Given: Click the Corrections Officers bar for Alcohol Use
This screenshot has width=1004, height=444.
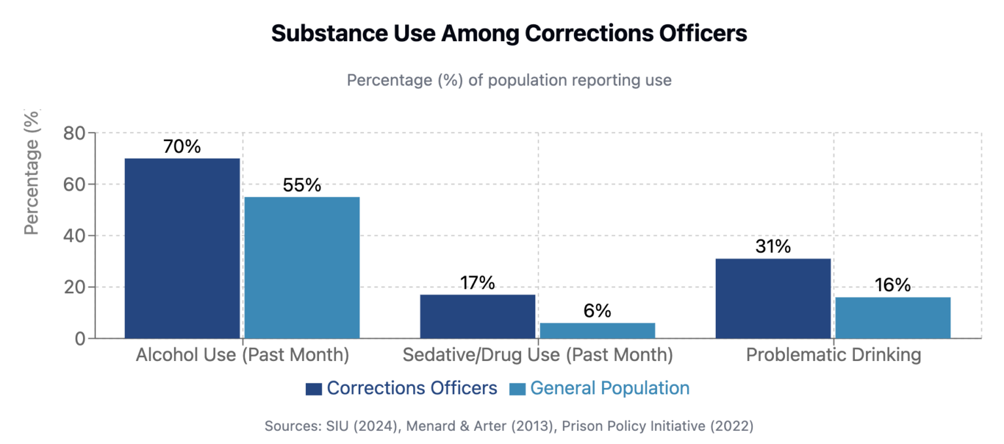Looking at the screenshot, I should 182,248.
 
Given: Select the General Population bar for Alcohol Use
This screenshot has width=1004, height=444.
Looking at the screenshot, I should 302,268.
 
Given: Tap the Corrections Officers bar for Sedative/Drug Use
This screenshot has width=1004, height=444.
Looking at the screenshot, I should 478,317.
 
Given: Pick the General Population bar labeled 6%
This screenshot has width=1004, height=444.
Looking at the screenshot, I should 597,330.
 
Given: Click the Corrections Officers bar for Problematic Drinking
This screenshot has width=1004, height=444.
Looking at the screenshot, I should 773,298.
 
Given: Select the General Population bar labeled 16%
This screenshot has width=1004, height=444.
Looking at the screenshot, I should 893,318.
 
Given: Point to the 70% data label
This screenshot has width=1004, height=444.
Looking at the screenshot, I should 182,146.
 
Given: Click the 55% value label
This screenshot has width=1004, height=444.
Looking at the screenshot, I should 302,185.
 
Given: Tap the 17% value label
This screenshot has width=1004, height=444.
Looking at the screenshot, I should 477,283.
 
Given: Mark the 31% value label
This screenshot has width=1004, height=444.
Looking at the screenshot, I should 773,247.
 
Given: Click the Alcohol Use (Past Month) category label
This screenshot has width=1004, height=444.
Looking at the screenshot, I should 243,355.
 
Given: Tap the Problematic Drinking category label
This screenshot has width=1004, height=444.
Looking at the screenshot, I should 833,355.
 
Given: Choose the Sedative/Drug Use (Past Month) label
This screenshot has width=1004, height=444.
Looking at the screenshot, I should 538,355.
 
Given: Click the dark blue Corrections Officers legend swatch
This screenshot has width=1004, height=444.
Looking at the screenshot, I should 314,389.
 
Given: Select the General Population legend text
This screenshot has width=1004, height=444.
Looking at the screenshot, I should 609,388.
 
